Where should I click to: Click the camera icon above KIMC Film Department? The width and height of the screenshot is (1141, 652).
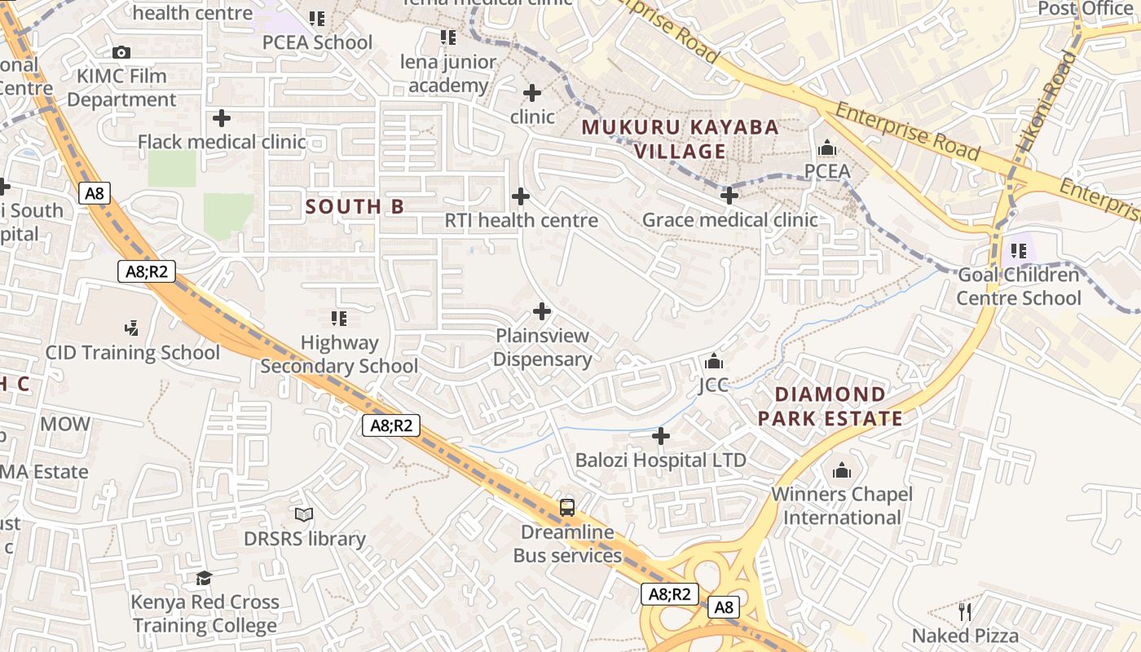pos(121,53)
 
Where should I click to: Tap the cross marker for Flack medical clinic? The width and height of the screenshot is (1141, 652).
pos(221,118)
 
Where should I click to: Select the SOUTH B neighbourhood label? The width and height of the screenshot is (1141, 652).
pos(355,207)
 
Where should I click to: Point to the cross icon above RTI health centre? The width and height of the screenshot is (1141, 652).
pos(520,196)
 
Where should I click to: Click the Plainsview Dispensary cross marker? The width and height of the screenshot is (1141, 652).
pos(542,311)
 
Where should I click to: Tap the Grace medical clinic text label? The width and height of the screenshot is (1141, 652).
pos(729,220)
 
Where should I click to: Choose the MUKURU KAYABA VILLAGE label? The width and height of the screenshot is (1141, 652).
pos(681,139)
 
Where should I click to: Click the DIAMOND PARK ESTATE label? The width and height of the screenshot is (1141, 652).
pos(830,407)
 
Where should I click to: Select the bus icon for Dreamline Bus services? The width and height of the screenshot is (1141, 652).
pos(566,508)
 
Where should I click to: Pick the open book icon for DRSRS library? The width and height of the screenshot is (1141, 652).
pos(304,515)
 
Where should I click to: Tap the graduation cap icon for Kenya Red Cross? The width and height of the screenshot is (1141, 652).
pos(204,579)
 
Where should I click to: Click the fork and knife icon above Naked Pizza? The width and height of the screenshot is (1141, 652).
pos(965,611)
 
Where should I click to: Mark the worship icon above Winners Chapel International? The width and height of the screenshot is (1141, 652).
pos(841,470)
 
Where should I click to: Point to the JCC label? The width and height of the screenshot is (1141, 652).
pos(713,385)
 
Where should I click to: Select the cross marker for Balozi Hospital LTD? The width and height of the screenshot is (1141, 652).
pos(661,437)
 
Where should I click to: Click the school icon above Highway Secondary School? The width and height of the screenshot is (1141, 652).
pos(339,319)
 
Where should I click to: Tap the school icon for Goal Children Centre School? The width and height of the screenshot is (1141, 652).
pos(1018,251)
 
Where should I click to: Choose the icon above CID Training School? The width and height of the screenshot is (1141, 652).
pos(131,328)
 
